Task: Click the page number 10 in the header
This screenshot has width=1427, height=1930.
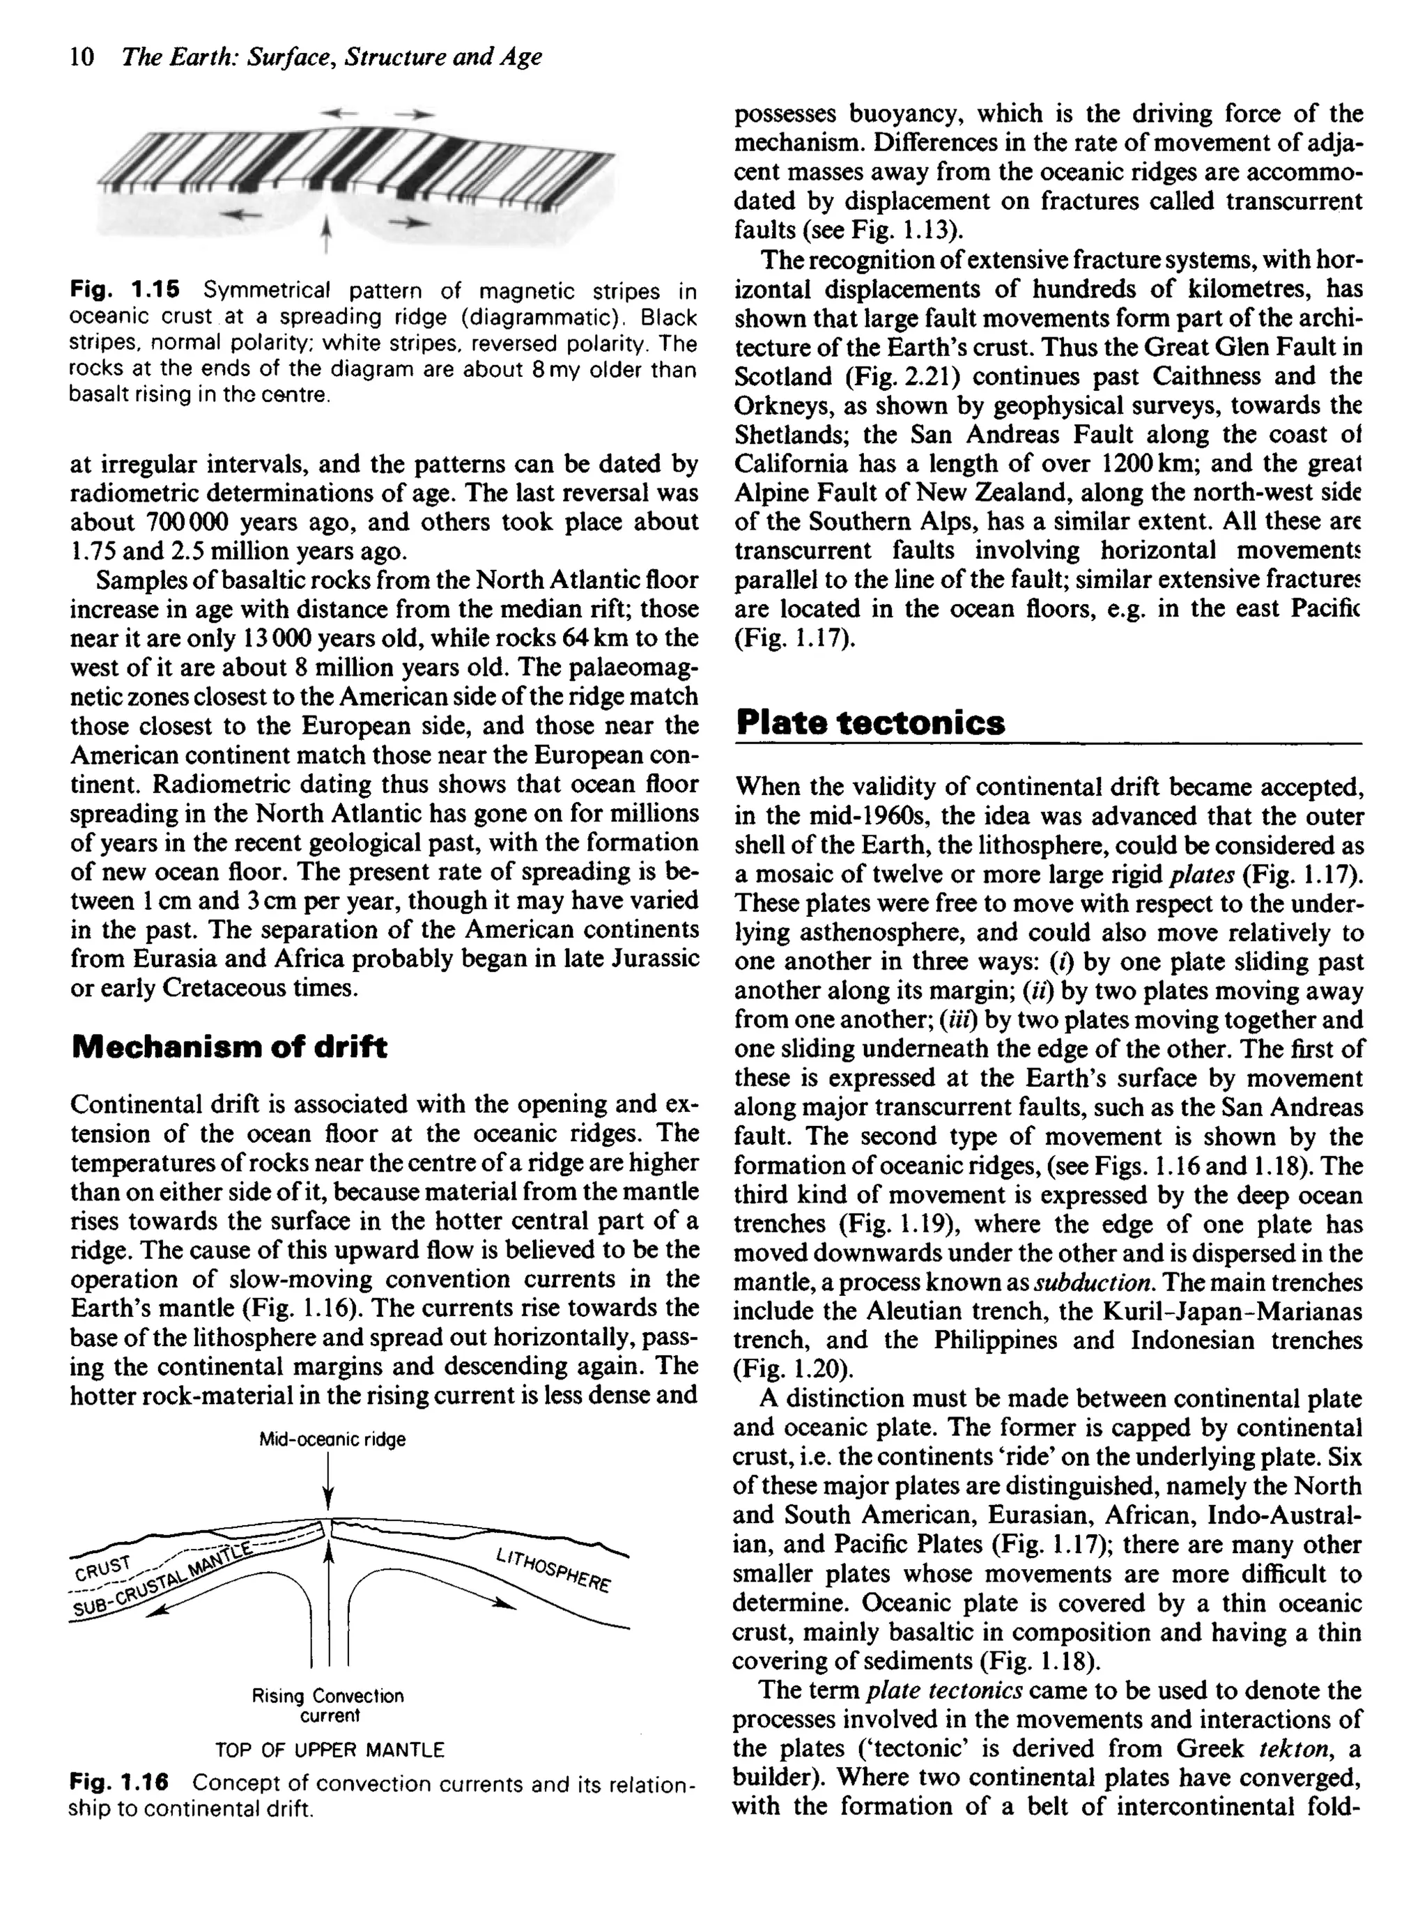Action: [82, 57]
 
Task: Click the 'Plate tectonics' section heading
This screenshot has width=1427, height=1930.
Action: [871, 722]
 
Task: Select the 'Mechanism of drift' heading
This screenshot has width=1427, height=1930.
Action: [229, 1047]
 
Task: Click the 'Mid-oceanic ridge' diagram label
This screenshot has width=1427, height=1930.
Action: [332, 1439]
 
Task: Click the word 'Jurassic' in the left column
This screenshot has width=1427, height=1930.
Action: [653, 959]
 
